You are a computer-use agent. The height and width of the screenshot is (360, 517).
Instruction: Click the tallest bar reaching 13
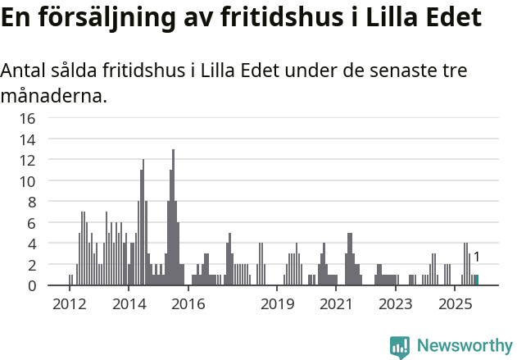[x=173, y=217]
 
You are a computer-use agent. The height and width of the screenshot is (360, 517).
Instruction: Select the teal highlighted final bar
[x=477, y=280]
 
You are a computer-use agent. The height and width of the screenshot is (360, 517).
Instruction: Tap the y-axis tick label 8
[x=31, y=202]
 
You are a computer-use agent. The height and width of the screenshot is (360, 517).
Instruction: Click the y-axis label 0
[x=31, y=285]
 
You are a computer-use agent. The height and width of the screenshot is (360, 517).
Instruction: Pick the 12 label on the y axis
[x=28, y=160]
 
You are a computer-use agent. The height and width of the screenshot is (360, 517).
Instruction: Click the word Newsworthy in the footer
[x=464, y=346]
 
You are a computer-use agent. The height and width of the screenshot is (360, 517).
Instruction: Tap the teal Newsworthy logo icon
[x=400, y=347]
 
